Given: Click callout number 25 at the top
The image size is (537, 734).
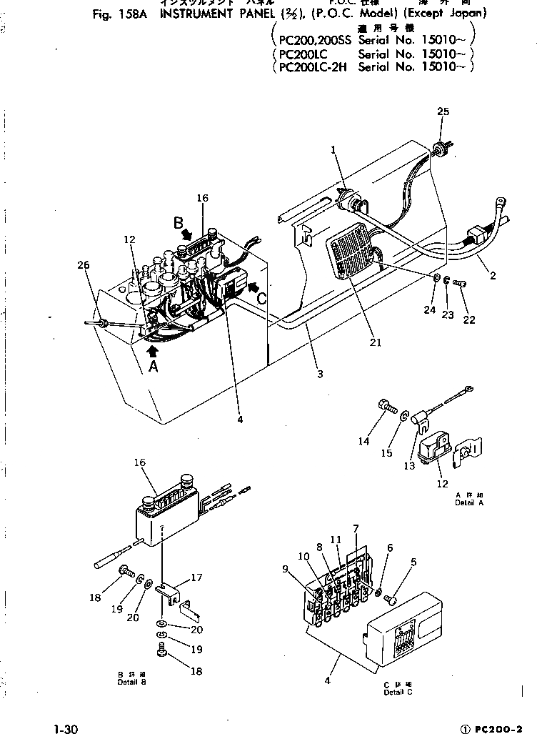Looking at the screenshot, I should click(443, 111).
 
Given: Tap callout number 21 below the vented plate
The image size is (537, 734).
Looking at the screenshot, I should click(376, 342).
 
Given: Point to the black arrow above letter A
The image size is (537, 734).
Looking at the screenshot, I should click(154, 351).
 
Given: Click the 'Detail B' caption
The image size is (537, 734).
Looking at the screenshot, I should click(132, 682).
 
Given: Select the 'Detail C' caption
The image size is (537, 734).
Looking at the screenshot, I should click(398, 691).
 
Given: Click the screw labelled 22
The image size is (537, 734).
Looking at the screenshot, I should click(461, 285).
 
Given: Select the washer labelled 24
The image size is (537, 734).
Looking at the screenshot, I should click(436, 278).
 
